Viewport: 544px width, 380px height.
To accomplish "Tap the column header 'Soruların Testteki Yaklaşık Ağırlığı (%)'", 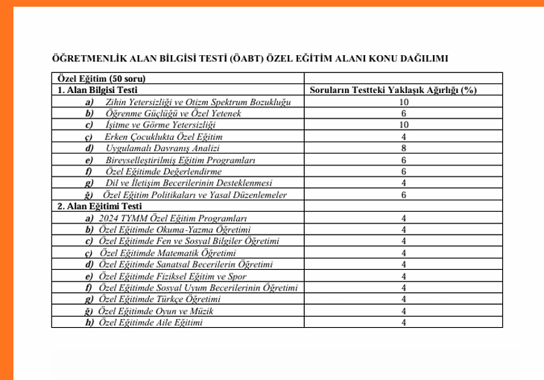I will click(403, 90).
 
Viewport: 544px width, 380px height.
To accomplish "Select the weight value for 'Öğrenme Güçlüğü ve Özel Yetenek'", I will click(403, 113).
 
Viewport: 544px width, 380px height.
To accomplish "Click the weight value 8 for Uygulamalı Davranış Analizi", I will click(403, 148).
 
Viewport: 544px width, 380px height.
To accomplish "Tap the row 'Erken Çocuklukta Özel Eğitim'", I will click(163, 137).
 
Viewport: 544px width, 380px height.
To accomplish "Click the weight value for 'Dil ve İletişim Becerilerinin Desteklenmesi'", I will click(403, 183).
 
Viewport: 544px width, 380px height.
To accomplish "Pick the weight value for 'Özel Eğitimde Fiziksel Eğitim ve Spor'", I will click(403, 276).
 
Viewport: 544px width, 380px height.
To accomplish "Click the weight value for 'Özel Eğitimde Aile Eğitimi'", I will click(403, 323).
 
